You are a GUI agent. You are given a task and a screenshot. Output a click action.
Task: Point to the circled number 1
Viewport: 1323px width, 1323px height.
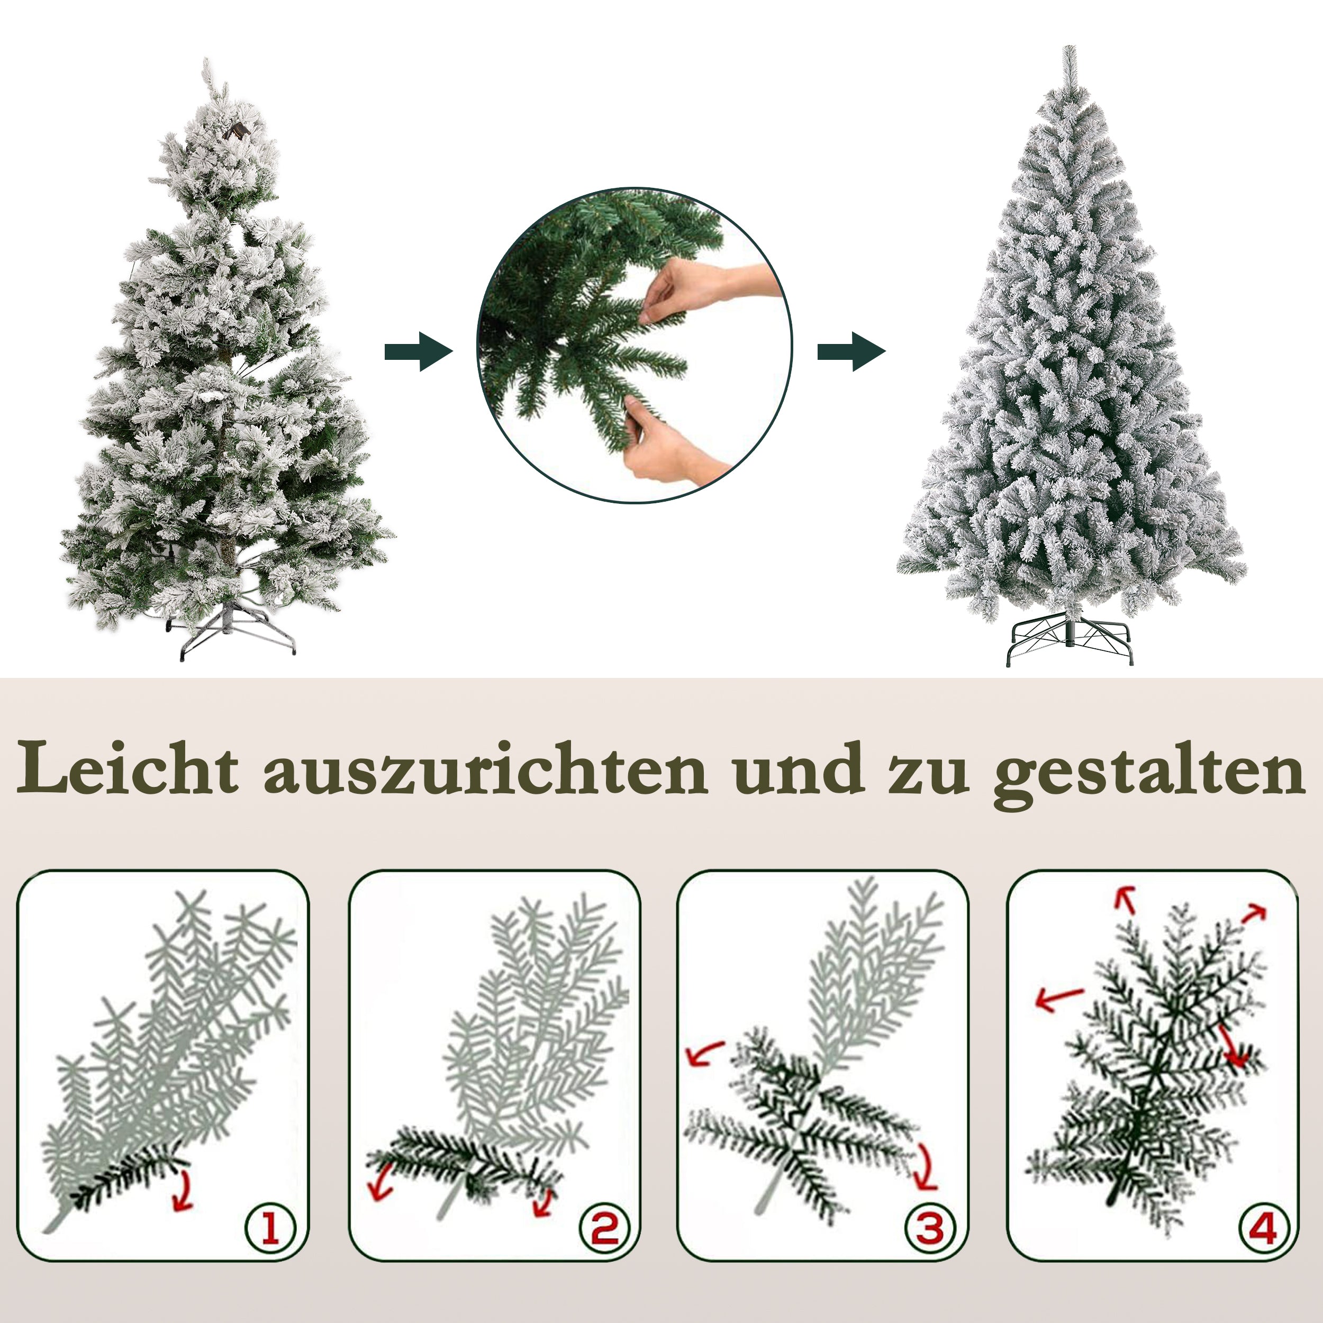[x=270, y=1227]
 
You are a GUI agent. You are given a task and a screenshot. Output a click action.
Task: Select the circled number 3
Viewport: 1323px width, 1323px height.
[x=930, y=1227]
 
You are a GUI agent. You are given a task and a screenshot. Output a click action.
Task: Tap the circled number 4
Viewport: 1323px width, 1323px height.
[x=1263, y=1227]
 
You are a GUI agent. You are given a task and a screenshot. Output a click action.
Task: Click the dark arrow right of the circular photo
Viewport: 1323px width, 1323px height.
[x=851, y=352]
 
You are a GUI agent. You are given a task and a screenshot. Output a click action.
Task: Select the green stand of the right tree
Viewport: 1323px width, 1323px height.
[x=1070, y=640]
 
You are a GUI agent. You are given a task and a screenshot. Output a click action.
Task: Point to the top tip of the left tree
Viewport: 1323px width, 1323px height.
[x=207, y=65]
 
